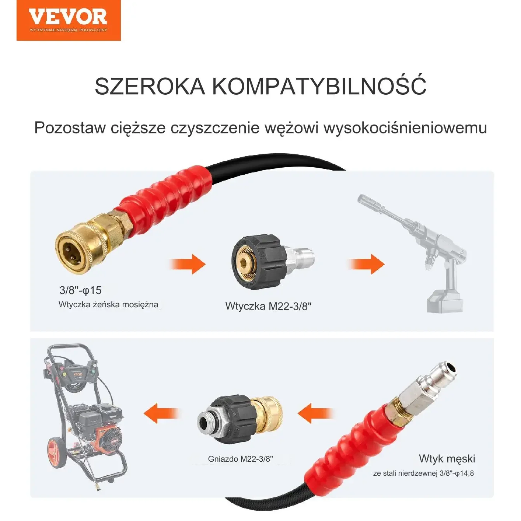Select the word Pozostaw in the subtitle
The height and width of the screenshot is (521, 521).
[70, 127]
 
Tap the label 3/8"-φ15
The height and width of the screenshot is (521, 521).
[81, 290]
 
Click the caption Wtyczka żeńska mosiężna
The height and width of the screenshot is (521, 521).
[108, 305]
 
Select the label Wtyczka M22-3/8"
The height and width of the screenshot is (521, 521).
[269, 306]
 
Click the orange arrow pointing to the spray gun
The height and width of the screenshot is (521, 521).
[366, 264]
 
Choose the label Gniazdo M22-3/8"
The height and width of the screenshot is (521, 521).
[240, 459]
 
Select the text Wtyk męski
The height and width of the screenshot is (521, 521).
[447, 458]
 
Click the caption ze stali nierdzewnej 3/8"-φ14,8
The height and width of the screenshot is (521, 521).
[423, 473]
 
